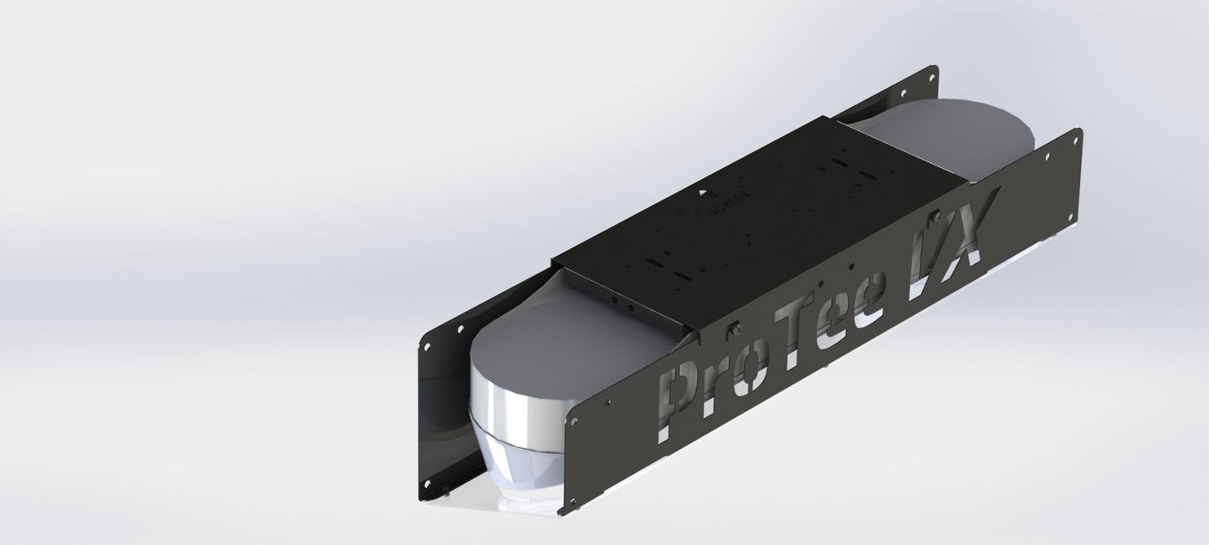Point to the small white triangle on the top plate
[702, 191]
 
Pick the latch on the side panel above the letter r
[735, 329]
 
